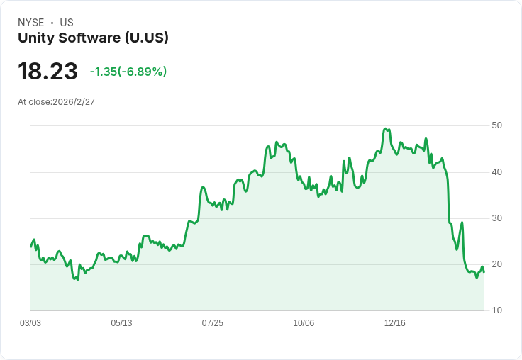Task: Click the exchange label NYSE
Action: point(31,23)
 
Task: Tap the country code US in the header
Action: point(67,23)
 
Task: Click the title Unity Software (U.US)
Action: point(93,38)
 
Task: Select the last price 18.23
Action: point(48,72)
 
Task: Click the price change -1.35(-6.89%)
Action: point(128,72)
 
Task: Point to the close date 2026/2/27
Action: point(74,102)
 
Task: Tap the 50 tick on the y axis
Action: point(496,125)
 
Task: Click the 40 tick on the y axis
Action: point(496,171)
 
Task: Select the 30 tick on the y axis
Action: point(496,218)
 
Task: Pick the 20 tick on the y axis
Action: point(496,264)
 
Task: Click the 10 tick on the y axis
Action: point(496,310)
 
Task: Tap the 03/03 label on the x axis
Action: point(30,323)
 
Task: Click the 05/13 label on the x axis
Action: point(121,323)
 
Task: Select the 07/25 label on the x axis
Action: point(212,323)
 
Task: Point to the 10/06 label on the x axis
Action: point(304,323)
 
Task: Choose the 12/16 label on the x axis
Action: point(394,323)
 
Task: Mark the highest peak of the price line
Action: point(385,129)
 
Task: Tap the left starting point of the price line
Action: point(31,246)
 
